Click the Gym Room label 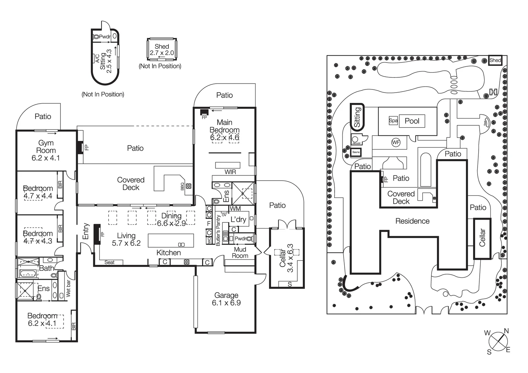click(46, 147)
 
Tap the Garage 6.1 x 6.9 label click(226, 299)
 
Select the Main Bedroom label click(224, 126)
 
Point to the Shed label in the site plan click(495, 60)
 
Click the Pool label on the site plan click(412, 121)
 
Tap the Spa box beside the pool click(393, 120)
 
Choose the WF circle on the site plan click(396, 142)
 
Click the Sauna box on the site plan click(356, 152)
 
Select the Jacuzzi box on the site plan click(356, 140)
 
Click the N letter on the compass click(506, 331)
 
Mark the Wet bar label click(68, 289)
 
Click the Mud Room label click(240, 252)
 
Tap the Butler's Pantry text click(218, 230)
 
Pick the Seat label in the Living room click(109, 262)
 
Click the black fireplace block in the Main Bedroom click(204, 112)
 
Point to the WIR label click(230, 172)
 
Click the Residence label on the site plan click(412, 221)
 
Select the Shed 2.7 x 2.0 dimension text click(162, 53)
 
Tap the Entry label click(86, 231)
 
